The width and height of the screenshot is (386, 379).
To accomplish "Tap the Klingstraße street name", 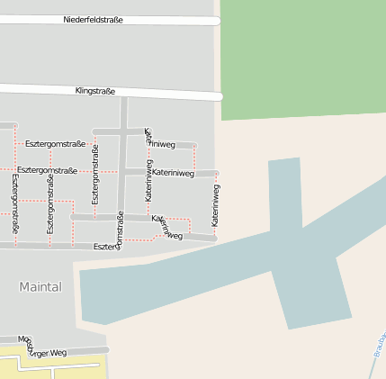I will (94, 91).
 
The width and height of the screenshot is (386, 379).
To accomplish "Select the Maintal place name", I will (40, 286).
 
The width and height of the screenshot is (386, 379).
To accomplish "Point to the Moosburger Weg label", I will (43, 347).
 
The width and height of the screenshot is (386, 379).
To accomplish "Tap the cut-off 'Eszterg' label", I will (105, 246).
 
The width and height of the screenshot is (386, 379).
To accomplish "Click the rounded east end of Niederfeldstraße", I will (217, 20).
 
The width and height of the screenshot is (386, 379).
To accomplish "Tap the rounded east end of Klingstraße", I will (219, 95).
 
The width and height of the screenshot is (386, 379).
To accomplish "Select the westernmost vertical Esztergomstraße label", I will (15, 205).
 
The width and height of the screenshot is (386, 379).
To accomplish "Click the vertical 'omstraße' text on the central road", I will (120, 230).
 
